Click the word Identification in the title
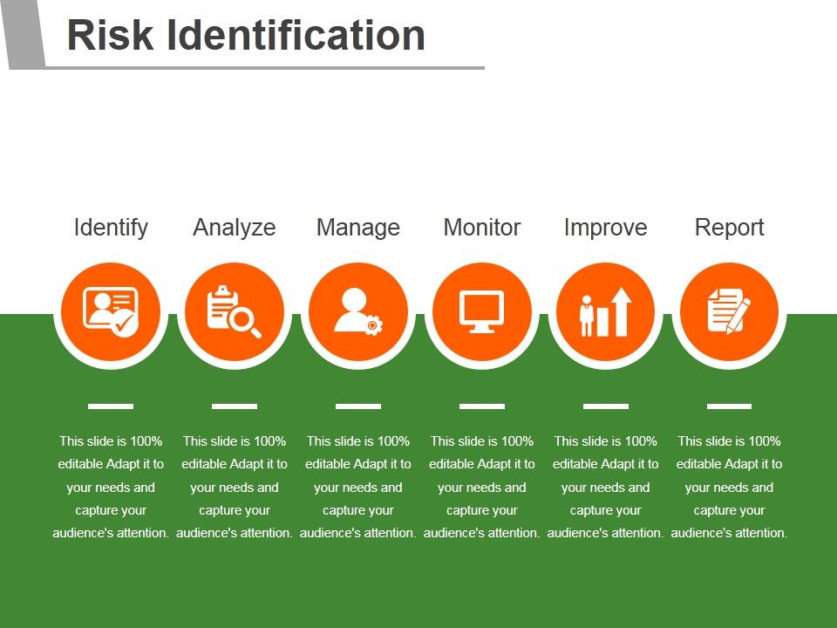coord(296,36)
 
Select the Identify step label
coord(111,228)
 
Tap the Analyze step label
coord(235,228)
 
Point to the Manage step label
coord(358,228)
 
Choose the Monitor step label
coord(482,228)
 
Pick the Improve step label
coord(606,228)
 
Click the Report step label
coord(730,228)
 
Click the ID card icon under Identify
coord(104,307)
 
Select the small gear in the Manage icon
coord(373,325)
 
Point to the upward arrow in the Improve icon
coord(621,311)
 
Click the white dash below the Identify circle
coord(111,406)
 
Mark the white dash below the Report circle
coord(730,406)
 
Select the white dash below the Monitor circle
coord(482,406)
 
